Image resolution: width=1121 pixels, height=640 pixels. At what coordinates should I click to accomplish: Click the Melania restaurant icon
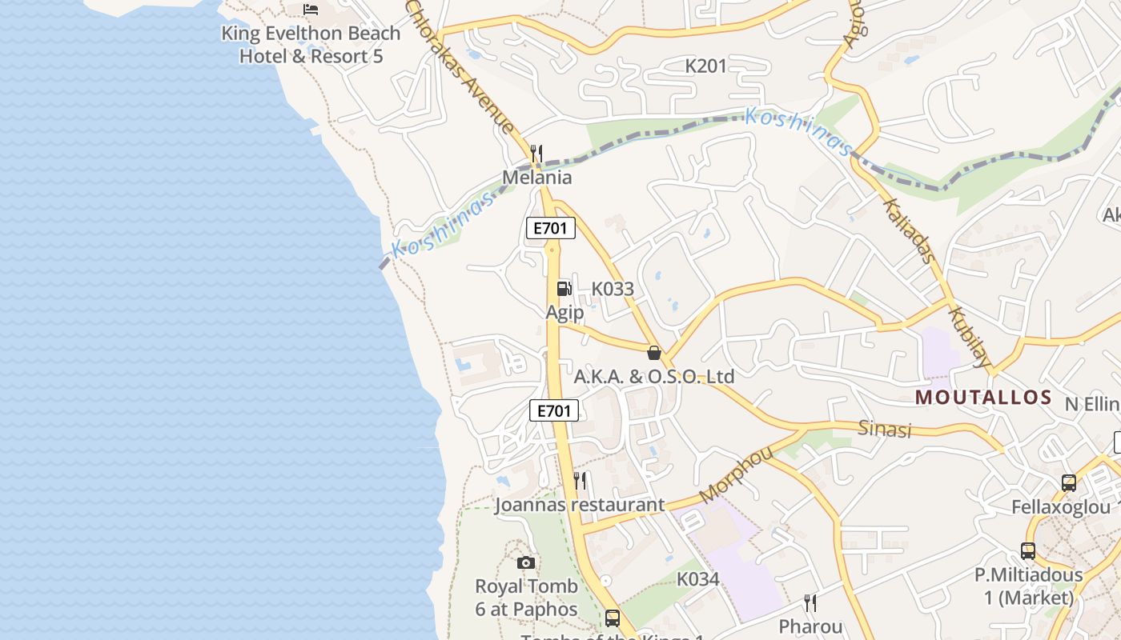click(x=536, y=153)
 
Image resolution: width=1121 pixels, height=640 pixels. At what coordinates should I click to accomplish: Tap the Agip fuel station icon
click(x=565, y=289)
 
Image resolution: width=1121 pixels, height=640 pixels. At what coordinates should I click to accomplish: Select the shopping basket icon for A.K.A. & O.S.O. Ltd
click(x=654, y=353)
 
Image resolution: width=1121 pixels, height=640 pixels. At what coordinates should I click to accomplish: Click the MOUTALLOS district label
click(x=983, y=398)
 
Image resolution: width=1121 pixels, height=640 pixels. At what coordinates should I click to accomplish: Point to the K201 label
click(x=705, y=66)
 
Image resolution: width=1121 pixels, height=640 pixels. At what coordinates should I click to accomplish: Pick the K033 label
click(x=613, y=289)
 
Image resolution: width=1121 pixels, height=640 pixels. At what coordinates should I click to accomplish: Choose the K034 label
click(x=698, y=578)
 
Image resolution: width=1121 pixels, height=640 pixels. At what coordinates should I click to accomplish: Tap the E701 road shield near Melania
click(x=551, y=228)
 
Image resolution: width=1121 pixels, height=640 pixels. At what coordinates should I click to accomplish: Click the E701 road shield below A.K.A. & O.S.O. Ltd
click(x=554, y=411)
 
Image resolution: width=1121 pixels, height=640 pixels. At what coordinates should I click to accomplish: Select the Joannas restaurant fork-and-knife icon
click(x=581, y=481)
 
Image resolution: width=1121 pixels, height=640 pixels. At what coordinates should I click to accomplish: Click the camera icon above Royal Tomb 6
click(x=526, y=563)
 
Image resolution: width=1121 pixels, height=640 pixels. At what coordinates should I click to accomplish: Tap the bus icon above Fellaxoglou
click(x=1068, y=483)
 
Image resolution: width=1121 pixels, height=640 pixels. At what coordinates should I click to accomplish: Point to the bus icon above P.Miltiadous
click(x=1028, y=551)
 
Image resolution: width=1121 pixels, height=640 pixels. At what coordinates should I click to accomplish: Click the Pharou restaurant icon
click(x=810, y=602)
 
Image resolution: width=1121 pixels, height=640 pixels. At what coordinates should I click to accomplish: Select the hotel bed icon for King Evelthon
click(x=311, y=10)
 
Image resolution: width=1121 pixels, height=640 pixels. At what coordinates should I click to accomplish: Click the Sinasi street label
click(x=885, y=429)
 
